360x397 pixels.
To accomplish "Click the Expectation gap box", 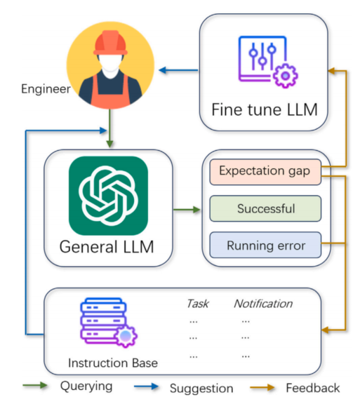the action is point(265,172).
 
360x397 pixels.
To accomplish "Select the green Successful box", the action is point(265,208).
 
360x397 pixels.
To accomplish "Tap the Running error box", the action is point(265,245).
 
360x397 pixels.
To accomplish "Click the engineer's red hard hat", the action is point(110,43).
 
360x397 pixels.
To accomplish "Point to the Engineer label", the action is point(46,89).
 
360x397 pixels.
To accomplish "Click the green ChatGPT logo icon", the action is point(108,196).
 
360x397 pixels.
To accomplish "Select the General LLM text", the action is point(107,247).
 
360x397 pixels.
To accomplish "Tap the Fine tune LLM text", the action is point(265,109).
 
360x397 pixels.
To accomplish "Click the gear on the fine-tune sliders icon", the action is point(286,76).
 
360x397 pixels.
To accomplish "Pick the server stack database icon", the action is point(109,322).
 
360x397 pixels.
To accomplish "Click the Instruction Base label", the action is point(113,363).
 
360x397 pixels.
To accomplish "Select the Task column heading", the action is point(198,304).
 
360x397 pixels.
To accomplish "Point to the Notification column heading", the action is point(263,304).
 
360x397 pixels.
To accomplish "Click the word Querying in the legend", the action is point(86,386).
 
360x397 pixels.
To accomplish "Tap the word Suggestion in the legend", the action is point(201,388).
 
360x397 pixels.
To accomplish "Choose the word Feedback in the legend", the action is point(313,388).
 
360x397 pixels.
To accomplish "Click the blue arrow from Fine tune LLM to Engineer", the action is point(178,70).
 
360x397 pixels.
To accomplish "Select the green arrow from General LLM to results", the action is point(187,210).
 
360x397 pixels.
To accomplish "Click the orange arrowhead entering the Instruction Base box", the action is point(325,330).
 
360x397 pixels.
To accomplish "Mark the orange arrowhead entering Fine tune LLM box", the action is point(332,71).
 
